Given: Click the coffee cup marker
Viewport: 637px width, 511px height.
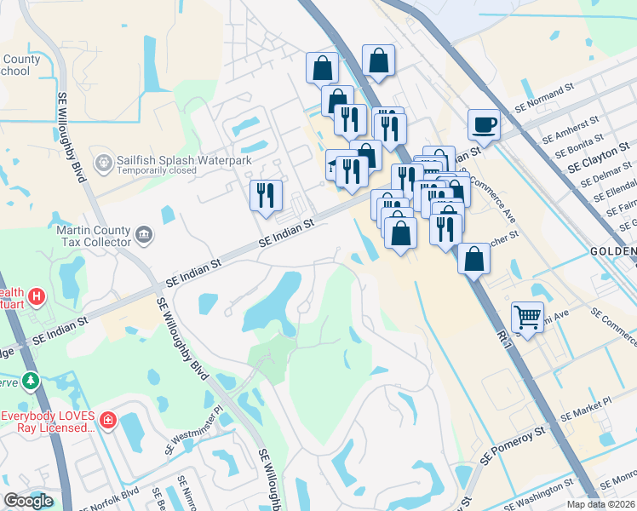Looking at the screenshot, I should pyautogui.click(x=484, y=125).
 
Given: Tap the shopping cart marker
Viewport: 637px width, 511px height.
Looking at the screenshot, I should pyautogui.click(x=528, y=319).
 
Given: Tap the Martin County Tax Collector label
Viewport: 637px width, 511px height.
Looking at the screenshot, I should pyautogui.click(x=93, y=238).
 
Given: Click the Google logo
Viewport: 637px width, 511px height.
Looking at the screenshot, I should pyautogui.click(x=29, y=501).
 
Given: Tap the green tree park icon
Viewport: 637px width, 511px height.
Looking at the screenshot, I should pyautogui.click(x=32, y=380).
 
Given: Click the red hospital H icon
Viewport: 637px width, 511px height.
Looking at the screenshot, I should pyautogui.click(x=37, y=297).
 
